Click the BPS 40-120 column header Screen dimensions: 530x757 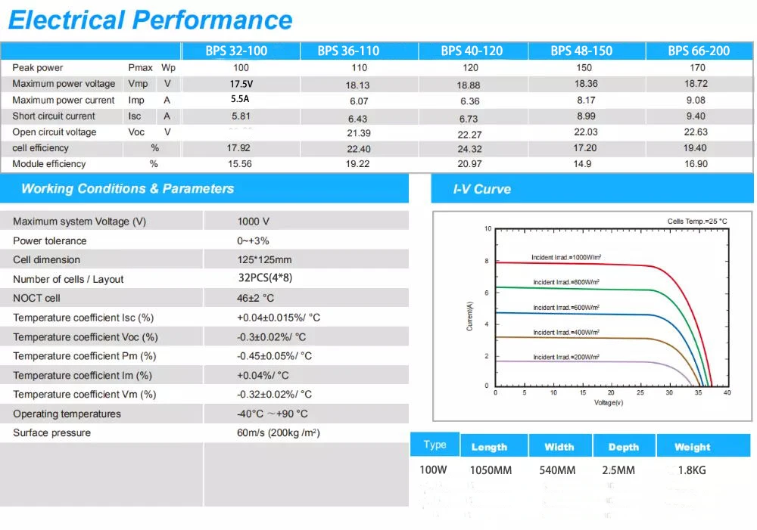point(472,51)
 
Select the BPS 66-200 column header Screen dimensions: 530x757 point(698,51)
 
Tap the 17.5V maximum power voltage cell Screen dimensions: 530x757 point(241,84)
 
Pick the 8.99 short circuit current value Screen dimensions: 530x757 point(586,116)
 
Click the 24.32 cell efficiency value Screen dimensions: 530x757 point(469,149)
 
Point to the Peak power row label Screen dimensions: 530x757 point(38,68)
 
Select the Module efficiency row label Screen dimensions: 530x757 point(49,164)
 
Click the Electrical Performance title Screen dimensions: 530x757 point(150,20)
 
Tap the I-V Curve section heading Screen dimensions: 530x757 point(481,189)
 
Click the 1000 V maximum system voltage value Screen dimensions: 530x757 point(254,222)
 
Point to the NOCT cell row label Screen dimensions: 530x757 point(36,298)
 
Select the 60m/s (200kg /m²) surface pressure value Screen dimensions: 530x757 point(278,433)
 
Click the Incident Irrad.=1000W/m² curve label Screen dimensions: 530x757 point(565,258)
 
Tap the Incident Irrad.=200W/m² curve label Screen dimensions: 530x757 point(565,357)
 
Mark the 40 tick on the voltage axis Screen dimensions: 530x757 point(727,393)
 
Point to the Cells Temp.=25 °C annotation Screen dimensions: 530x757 point(696,222)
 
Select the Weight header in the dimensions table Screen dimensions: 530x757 point(692,447)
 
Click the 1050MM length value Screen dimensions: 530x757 point(491,470)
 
